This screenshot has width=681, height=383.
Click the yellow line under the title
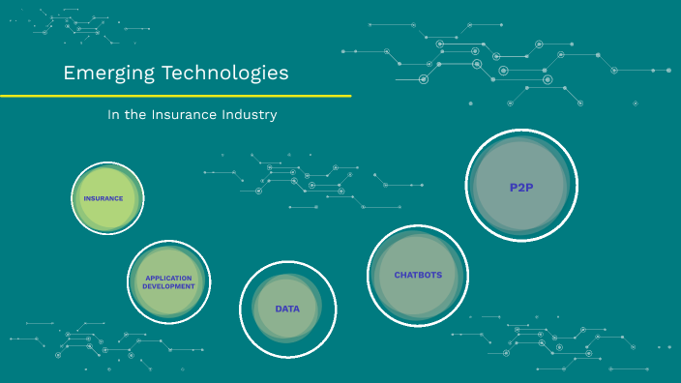174,96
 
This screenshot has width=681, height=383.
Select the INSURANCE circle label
104,198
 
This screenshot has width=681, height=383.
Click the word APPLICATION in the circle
168,278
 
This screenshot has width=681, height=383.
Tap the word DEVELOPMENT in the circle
168,286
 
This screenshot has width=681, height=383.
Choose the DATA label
287,309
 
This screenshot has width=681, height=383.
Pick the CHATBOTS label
418,275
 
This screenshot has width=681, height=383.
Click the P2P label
521,187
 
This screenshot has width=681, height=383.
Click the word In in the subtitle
114,115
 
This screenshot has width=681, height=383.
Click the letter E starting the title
69,74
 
